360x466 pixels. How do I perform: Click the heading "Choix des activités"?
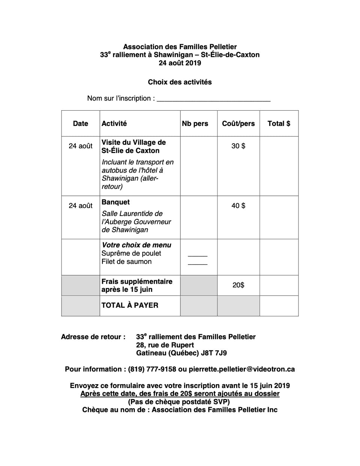coord(180,82)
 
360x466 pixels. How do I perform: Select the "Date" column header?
coord(81,123)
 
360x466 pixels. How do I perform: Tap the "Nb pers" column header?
coord(195,123)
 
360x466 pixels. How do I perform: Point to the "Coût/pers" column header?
coord(238,123)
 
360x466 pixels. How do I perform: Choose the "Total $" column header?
coord(279,123)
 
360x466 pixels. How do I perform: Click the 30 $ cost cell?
coord(238,146)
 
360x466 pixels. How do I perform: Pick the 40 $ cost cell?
coord(238,206)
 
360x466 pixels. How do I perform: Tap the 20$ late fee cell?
coord(238,285)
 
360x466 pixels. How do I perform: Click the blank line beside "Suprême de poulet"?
coord(198,256)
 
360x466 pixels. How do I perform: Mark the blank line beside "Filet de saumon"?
coord(198,264)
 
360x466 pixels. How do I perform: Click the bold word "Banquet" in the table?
coord(115,202)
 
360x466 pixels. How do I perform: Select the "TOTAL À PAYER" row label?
coord(130,305)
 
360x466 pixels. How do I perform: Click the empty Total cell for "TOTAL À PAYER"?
coord(279,305)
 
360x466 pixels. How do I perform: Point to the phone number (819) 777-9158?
coord(152,369)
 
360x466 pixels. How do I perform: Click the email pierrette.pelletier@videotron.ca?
coord(241,369)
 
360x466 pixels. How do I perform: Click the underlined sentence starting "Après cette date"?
coord(180,394)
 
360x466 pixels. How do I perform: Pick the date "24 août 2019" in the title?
coord(180,63)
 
